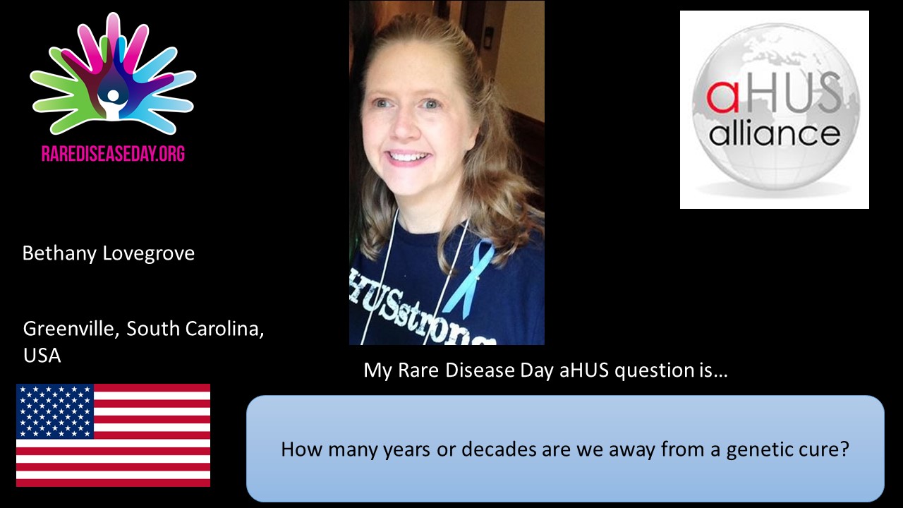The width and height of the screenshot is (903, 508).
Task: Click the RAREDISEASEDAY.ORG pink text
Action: (113, 154)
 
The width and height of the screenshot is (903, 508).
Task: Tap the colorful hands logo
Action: (113, 75)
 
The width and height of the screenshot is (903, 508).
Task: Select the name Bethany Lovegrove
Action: (109, 253)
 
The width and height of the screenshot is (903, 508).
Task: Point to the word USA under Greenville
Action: (42, 356)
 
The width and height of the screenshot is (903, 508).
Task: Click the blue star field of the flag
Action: (55, 411)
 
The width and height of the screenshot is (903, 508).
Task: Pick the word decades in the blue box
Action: (499, 449)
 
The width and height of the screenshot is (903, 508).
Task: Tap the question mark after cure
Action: (844, 449)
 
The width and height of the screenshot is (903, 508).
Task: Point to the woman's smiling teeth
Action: (407, 156)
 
